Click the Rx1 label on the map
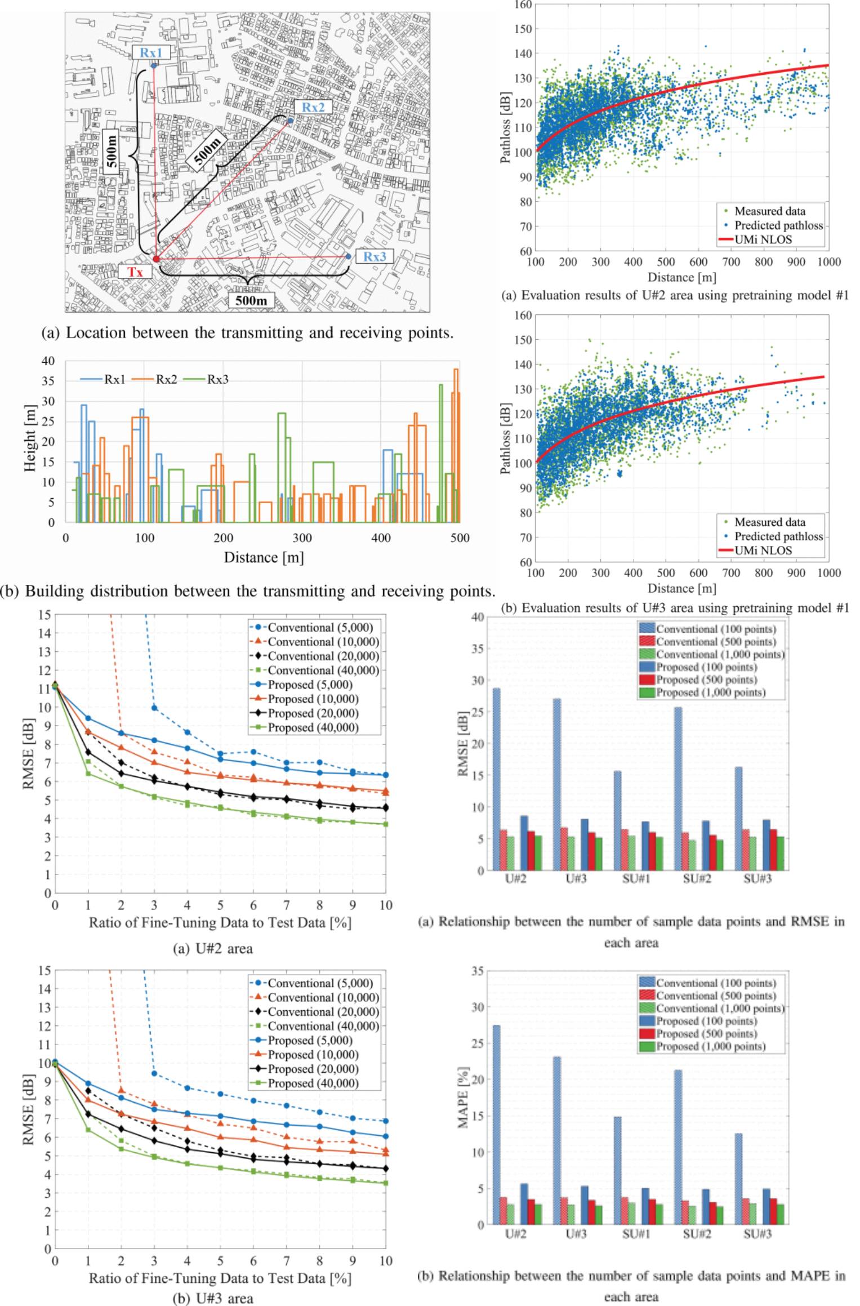coord(151,52)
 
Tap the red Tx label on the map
coord(135,272)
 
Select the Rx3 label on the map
coord(375,257)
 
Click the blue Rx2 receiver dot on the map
coord(290,121)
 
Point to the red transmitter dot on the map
coord(157,259)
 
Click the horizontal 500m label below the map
coord(251,300)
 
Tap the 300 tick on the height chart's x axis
coord(302,537)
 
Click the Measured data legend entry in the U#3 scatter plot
coord(769,522)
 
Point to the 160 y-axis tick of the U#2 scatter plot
coord(523,5)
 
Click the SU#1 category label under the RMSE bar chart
coord(636,879)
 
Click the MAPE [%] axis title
coord(463,1097)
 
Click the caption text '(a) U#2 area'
coord(213,949)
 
